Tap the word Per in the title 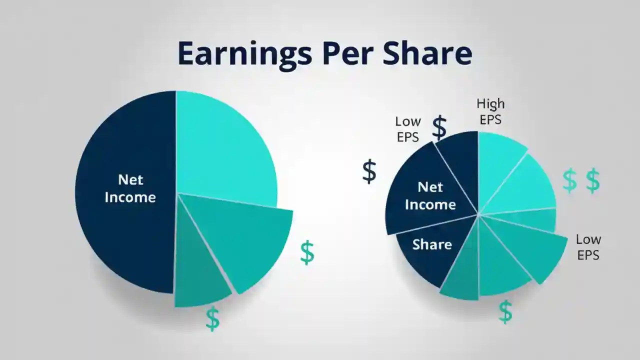point(348,53)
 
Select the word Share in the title point(427,53)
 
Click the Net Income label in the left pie point(130,188)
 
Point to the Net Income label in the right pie point(430,195)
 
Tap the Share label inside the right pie point(432,244)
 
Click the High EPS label point(490,111)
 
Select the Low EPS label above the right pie point(408,129)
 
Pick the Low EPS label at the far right point(588,247)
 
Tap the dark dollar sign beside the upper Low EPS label point(439,128)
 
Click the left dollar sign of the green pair point(569,181)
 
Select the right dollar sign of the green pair point(592,181)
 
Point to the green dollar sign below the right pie point(505,311)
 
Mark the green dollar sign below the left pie point(212,318)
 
